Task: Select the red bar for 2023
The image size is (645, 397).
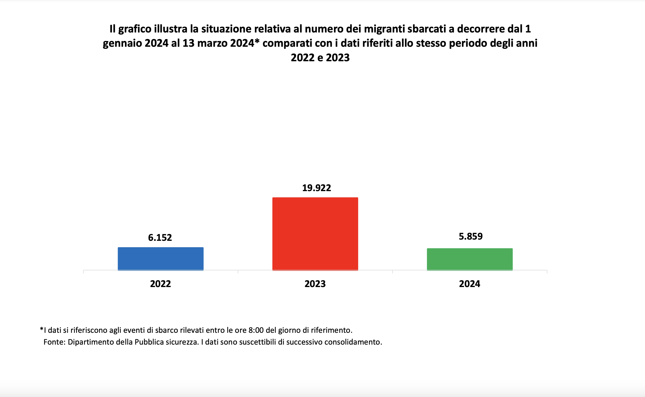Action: pos(315,234)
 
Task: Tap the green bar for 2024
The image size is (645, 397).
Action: pos(470,259)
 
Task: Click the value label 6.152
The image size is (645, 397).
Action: pos(160,238)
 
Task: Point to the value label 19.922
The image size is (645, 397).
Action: pos(316,188)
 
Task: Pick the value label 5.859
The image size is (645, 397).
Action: pos(471,237)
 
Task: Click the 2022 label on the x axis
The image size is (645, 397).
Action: pos(160,284)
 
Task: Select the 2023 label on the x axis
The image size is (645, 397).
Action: pos(315,284)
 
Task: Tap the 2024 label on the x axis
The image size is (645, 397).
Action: pos(470,284)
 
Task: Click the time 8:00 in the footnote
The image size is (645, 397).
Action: pos(256,330)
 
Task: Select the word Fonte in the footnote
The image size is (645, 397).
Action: pos(54,342)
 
